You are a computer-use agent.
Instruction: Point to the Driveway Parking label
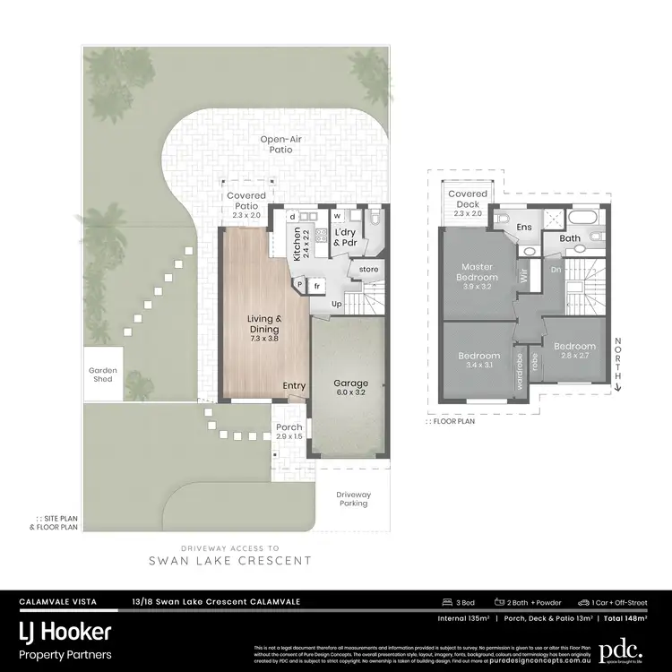point(353,498)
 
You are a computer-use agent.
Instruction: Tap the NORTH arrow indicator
point(618,365)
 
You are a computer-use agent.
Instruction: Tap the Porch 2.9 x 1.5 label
point(289,431)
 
